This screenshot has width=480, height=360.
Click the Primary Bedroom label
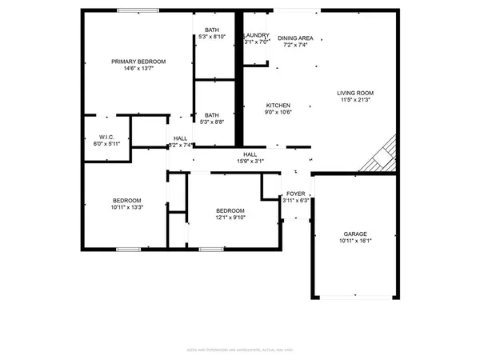[x=138, y=62]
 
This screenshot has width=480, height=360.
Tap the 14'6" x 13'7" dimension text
[x=138, y=69]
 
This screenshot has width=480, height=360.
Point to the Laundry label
[x=257, y=35]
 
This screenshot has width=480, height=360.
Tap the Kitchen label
[x=278, y=106]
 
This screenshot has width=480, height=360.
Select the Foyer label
[x=296, y=194]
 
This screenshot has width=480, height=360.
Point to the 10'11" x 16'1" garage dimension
[x=355, y=241]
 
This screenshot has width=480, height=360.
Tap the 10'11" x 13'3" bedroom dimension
[x=126, y=207]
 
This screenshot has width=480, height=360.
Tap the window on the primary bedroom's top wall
[x=138, y=10]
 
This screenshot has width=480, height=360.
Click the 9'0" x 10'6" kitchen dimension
[x=278, y=113]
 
